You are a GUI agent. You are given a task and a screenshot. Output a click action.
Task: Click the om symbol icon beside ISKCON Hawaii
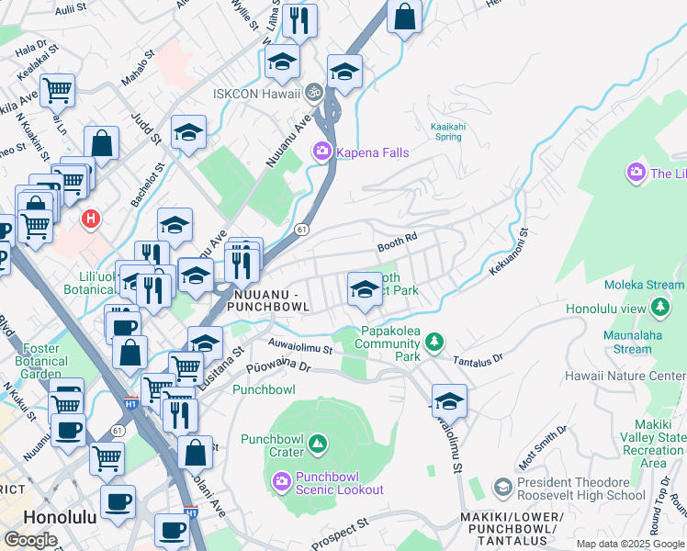click(x=312, y=93)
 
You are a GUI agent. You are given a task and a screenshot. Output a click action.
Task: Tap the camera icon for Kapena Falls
click(x=322, y=152)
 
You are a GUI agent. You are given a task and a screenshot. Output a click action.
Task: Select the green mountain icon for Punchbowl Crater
click(x=318, y=445)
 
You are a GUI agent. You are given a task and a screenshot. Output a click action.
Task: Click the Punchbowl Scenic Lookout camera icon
click(x=282, y=479)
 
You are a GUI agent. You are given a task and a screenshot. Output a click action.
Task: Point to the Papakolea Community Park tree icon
click(x=434, y=343)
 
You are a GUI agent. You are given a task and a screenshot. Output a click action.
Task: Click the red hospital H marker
click(x=90, y=219)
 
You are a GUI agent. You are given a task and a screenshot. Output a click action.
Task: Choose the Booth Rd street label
click(x=397, y=242)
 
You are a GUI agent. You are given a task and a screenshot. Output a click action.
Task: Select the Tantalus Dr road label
click(x=478, y=359)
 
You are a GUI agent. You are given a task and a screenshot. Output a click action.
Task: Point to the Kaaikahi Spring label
click(x=446, y=130)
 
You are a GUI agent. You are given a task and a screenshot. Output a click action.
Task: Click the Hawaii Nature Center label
click(x=639, y=377)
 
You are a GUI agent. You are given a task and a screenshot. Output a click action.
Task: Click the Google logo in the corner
click(x=29, y=540)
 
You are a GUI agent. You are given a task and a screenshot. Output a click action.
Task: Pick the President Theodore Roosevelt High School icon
click(x=502, y=486)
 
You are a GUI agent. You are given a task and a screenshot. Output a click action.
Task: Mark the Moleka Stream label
click(x=643, y=287)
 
